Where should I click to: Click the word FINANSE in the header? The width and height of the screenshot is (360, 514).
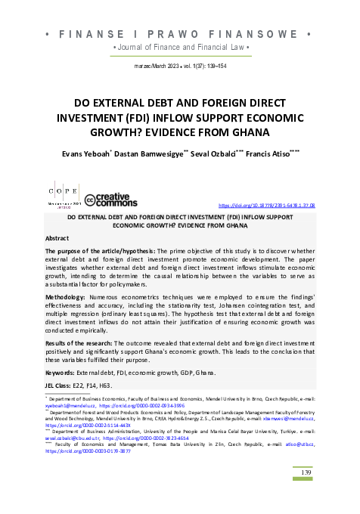92,35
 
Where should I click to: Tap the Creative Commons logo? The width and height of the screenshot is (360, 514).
111,200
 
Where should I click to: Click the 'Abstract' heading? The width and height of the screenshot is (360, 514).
58,238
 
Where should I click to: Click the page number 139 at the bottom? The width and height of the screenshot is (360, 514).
306,472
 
